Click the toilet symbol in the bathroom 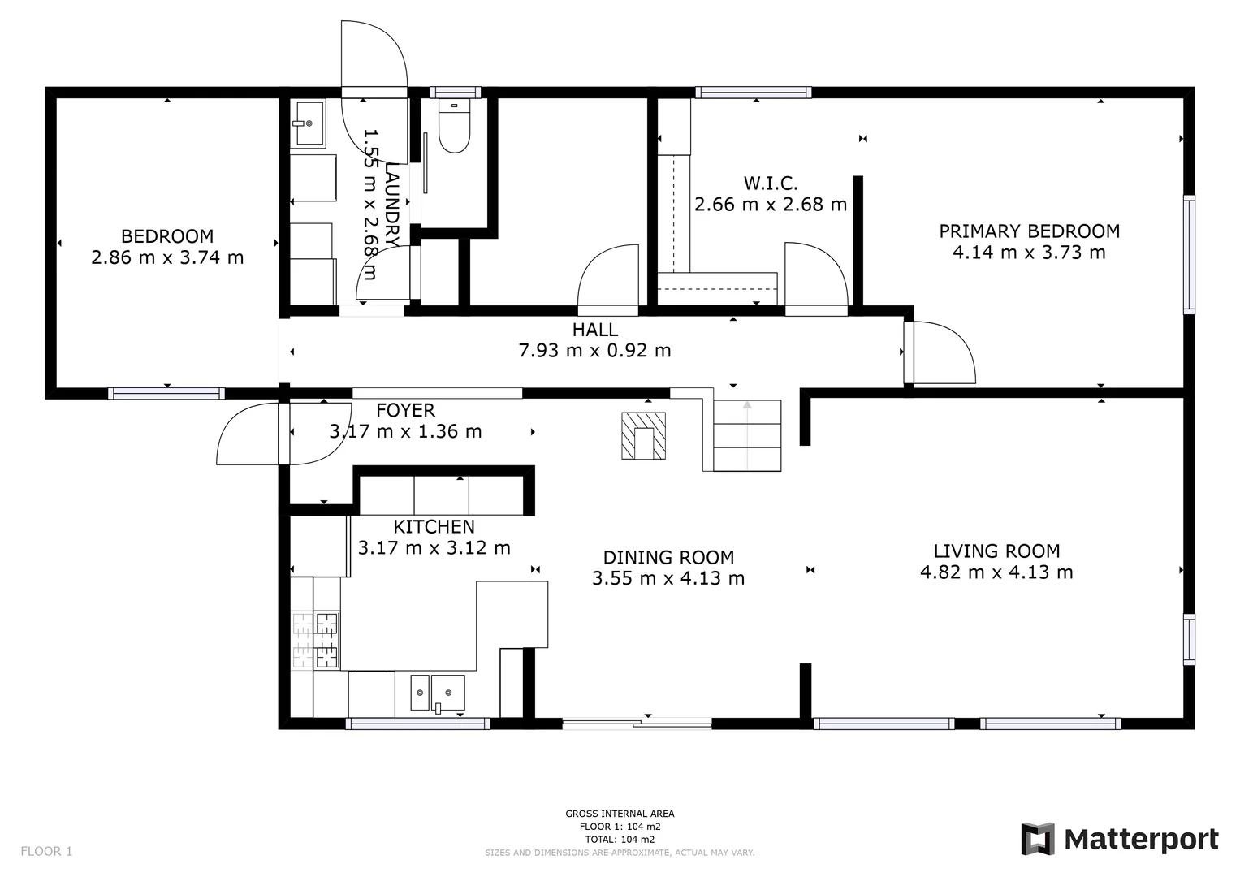click(454, 127)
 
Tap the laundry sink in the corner click(309, 123)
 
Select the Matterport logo click(1120, 839)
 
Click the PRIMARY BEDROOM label click(1029, 231)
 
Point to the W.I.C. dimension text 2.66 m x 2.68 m click(770, 205)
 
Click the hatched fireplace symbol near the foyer click(643, 436)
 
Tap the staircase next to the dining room click(746, 436)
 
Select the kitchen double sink click(437, 693)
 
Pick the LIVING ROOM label click(996, 551)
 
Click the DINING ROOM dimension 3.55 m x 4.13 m click(668, 578)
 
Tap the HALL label click(594, 330)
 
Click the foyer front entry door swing click(252, 434)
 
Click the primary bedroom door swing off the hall click(942, 353)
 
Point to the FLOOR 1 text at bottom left click(46, 851)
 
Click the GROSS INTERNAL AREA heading click(620, 814)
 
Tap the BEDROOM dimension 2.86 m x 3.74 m click(167, 258)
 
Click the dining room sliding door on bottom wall click(637, 723)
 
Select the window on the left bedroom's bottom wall click(166, 394)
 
